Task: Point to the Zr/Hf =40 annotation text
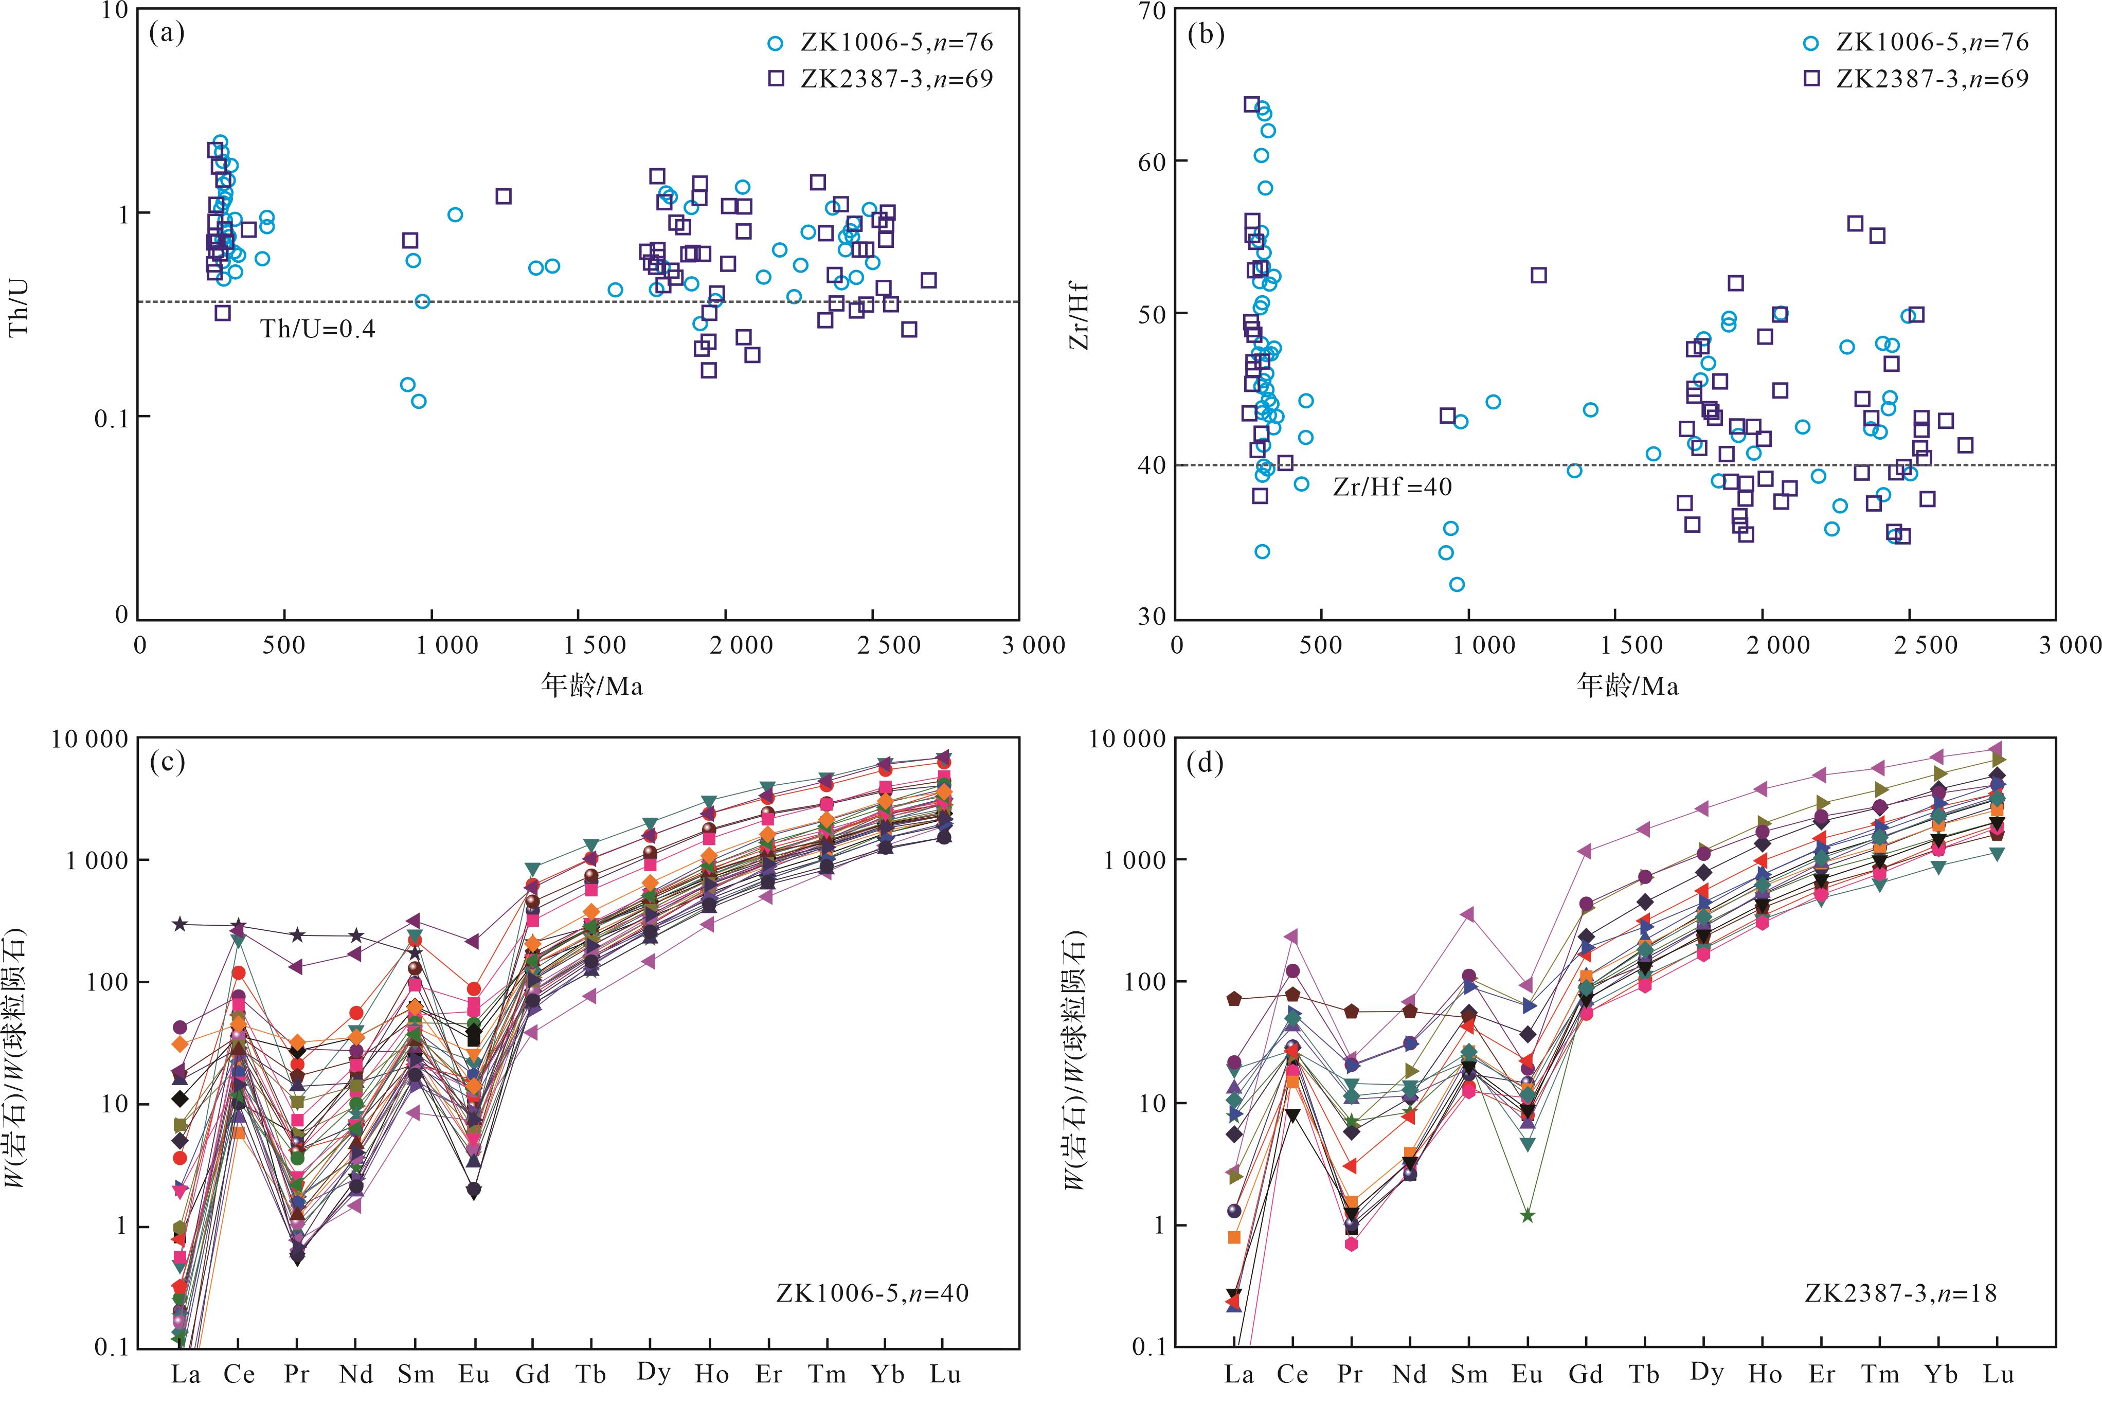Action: coord(1392,488)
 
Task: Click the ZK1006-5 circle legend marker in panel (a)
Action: coord(775,43)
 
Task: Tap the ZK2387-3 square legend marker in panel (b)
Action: coord(1811,79)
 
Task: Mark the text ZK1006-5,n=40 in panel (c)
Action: coord(872,1293)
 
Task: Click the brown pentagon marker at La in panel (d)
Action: coord(1234,999)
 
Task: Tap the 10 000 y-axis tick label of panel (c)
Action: coord(89,740)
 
